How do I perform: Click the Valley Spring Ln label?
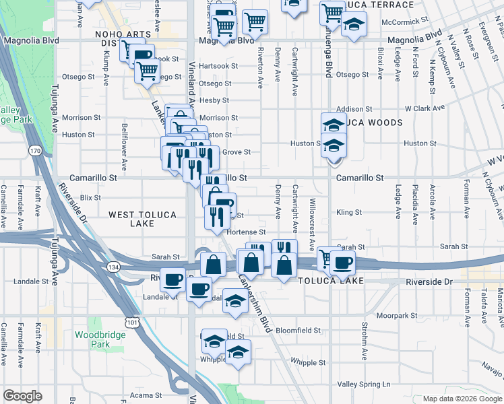point(364,384)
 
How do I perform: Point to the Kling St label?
point(349,212)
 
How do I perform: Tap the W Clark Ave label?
point(424,108)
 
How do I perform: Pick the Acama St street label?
point(147,395)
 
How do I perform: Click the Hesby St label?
point(215,100)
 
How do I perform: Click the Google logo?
point(23,395)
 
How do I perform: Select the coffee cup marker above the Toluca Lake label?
point(343,263)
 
